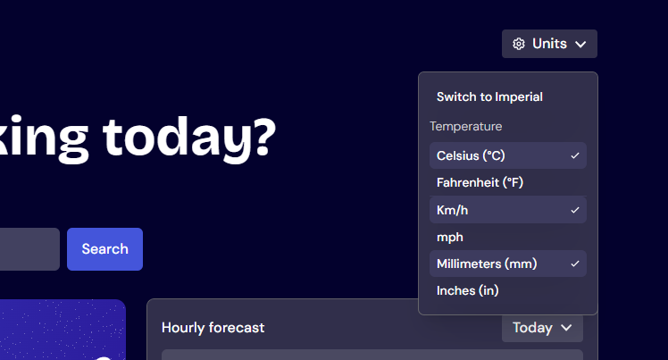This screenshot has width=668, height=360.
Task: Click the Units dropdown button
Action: pos(549,44)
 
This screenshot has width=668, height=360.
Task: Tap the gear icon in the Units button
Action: pos(519,44)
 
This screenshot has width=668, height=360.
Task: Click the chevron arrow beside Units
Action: pos(580,44)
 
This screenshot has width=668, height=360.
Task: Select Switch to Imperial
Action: pos(489,96)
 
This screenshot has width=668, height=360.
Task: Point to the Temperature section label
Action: pos(465,127)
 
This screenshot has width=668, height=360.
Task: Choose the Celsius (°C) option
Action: pos(471,155)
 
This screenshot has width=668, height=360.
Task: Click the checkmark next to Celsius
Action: pos(575,155)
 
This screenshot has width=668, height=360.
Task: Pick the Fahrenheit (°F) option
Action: pos(480,182)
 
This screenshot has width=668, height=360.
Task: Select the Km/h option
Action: pos(452,210)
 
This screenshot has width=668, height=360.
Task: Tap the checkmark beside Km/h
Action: pos(575,210)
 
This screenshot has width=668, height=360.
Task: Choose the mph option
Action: pos(450,237)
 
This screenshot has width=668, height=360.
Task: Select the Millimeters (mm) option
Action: pos(487,264)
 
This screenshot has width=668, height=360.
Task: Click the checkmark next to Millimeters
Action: pos(575,264)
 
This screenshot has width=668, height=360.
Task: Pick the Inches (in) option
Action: pos(467,290)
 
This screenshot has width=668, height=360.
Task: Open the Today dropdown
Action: pos(542,328)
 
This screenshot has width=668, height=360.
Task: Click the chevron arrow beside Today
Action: pos(566,328)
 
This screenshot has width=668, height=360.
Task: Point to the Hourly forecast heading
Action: pos(213,328)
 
